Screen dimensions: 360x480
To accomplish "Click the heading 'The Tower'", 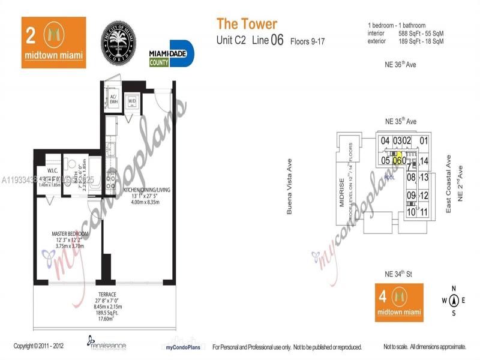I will [247, 25].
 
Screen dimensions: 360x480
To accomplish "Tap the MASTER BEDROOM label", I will [70, 233].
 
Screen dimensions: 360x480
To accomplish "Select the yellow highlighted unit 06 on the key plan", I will [398, 160].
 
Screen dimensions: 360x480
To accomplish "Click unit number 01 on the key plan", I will [424, 142].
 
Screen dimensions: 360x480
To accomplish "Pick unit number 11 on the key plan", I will [424, 211].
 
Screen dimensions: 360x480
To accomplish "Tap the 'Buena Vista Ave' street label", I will [290, 187].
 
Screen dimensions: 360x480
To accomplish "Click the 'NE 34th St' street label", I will [400, 274].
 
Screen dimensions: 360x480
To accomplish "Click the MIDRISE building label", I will [341, 193].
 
